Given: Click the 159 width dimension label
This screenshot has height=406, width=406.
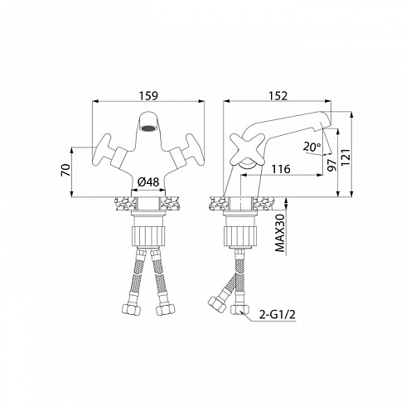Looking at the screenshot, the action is click(148, 95).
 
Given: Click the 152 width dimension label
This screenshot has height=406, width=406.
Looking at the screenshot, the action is click(278, 95).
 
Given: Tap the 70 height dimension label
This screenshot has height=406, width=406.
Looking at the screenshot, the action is click(65, 170).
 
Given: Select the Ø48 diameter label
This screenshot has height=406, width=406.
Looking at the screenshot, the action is click(148, 182).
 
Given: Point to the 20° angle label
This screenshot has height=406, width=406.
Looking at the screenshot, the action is click(312, 147).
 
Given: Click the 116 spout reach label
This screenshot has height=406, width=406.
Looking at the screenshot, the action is click(281, 169).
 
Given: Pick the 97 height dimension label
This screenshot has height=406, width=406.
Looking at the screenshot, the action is click(331, 165).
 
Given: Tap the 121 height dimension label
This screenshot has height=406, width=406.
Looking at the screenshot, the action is click(346, 157).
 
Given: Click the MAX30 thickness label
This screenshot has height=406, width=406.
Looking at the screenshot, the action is click(280, 233).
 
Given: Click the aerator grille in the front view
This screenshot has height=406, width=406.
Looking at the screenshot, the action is click(148, 128).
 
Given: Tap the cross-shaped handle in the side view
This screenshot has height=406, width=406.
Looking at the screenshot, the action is click(244, 149).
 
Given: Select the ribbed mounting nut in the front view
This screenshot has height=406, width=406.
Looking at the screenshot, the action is click(148, 235).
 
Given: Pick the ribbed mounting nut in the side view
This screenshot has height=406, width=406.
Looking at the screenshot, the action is click(241, 235).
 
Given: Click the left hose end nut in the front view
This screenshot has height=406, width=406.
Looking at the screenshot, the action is click(132, 309).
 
